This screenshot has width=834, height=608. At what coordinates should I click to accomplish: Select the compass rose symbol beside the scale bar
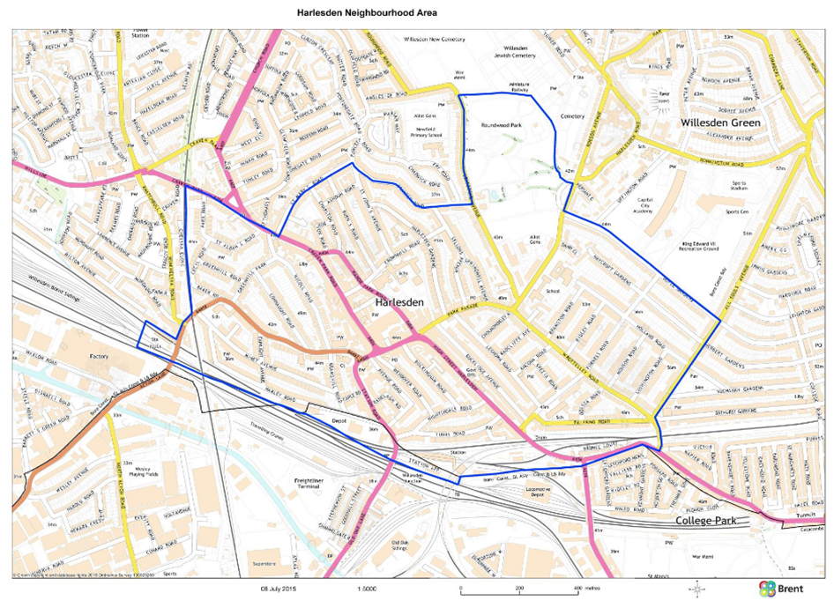697,588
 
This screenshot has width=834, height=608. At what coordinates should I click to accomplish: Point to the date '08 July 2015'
276,587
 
